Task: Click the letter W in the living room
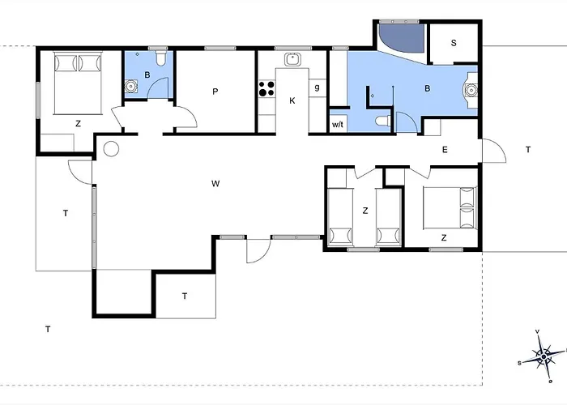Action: tap(215, 184)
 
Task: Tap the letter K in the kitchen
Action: tap(292, 100)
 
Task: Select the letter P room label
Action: tap(215, 92)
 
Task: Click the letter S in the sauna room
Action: tap(454, 43)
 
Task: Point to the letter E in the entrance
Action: tap(445, 150)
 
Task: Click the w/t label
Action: tap(338, 125)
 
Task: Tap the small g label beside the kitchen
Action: tap(318, 87)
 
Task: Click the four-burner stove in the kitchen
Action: tap(266, 88)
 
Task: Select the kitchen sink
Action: tap(292, 59)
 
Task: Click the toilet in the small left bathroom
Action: tap(161, 58)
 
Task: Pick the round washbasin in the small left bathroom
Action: tap(130, 87)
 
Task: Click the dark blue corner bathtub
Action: tap(401, 38)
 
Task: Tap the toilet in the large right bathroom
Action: tap(383, 121)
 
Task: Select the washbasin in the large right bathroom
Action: tap(471, 90)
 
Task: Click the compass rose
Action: tap(543, 356)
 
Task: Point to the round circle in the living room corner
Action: tap(111, 148)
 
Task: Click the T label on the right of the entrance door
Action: tap(528, 149)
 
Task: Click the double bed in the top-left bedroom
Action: tap(78, 83)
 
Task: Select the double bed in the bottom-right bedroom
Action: tap(450, 207)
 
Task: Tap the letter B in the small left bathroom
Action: tap(147, 75)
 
